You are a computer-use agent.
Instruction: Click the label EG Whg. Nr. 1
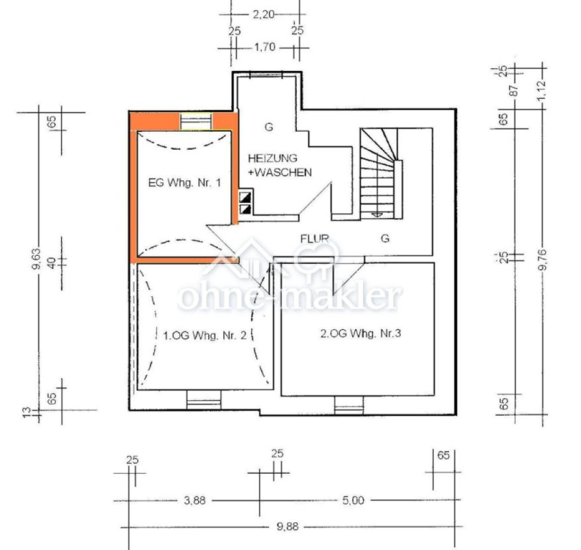(185, 183)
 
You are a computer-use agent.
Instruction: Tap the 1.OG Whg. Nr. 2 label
(205, 336)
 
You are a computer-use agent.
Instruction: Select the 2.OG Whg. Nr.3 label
(360, 333)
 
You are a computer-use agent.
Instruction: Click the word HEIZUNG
(272, 158)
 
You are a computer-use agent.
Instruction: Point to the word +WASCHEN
(280, 172)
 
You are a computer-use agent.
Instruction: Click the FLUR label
(315, 239)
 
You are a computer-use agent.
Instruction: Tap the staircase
(382, 173)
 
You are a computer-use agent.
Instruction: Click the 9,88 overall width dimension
(288, 526)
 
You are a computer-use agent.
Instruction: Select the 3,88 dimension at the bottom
(195, 500)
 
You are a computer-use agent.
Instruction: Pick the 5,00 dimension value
(353, 500)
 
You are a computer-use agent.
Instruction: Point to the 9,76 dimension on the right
(542, 261)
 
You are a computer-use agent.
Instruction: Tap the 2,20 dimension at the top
(264, 15)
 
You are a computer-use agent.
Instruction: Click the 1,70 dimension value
(264, 48)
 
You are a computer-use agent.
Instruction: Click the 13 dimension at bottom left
(27, 412)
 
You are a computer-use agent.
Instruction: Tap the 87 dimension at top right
(513, 91)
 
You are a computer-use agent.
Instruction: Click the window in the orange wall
(196, 121)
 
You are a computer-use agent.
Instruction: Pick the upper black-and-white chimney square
(245, 196)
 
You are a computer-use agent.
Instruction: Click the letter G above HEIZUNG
(269, 127)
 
